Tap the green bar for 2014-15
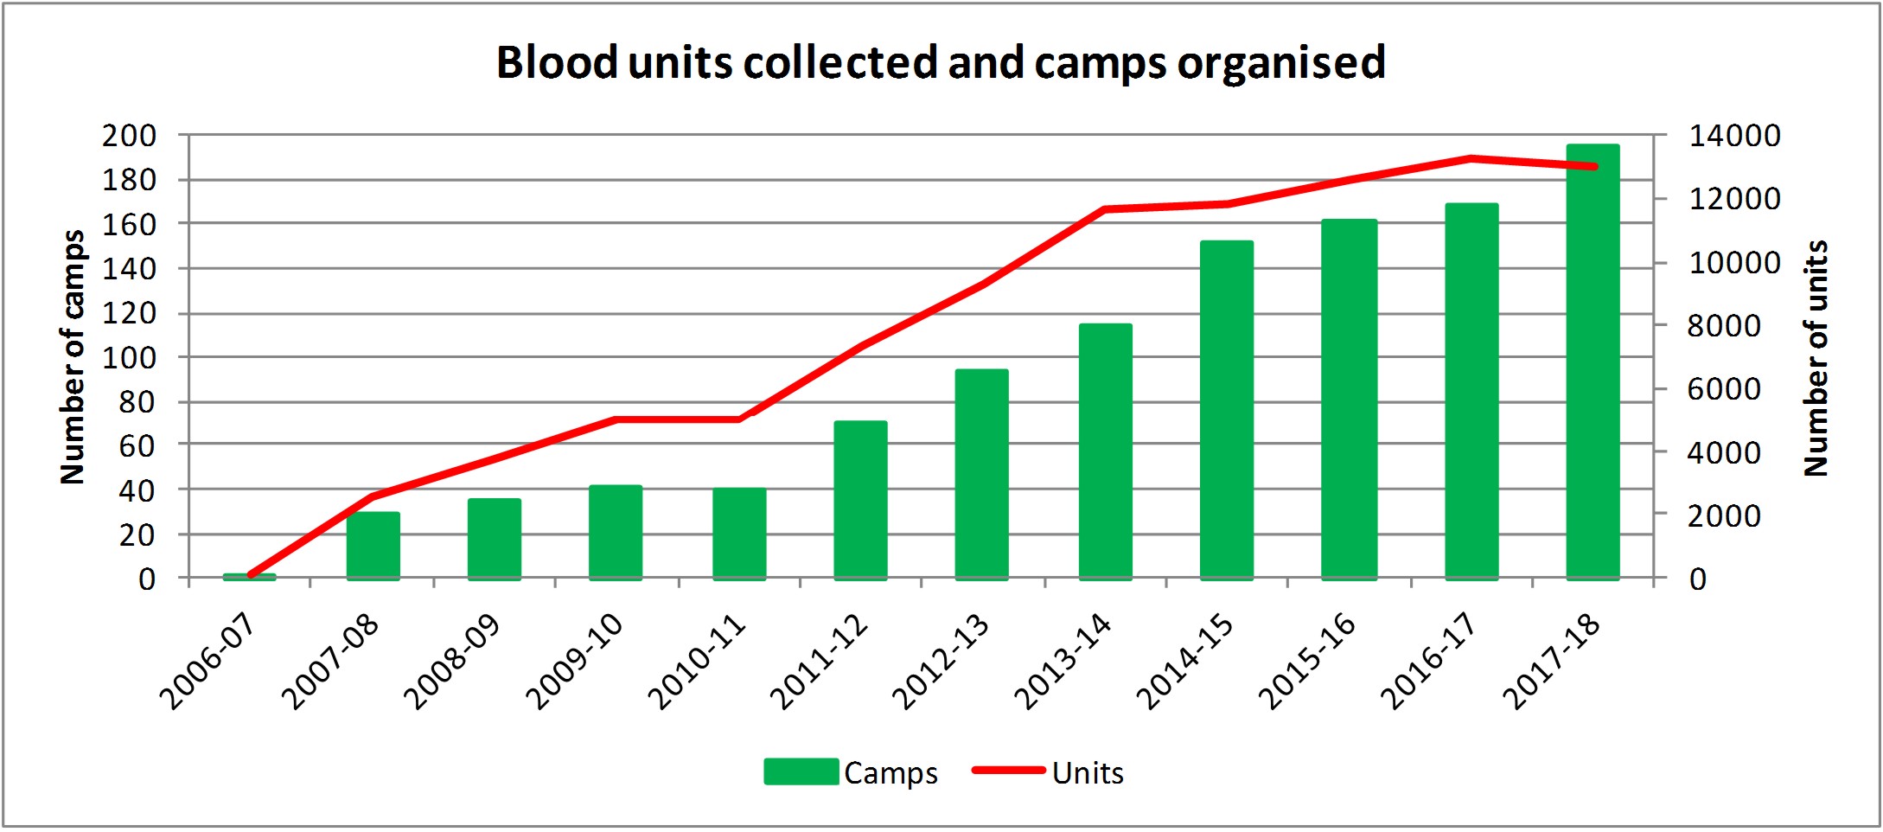click(1226, 410)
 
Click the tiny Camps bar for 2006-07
click(249, 576)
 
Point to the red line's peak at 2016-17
click(1471, 158)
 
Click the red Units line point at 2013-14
click(1105, 209)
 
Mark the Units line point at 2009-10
click(615, 419)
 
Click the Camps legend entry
click(851, 772)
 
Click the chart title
click(941, 62)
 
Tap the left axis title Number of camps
click(73, 356)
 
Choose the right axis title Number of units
click(1816, 358)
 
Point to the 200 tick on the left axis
click(130, 136)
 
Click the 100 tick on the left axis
click(130, 357)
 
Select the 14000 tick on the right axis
click(1734, 136)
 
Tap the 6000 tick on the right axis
click(1724, 389)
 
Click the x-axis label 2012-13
click(941, 662)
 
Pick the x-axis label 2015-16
click(1307, 662)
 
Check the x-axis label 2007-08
click(331, 662)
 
